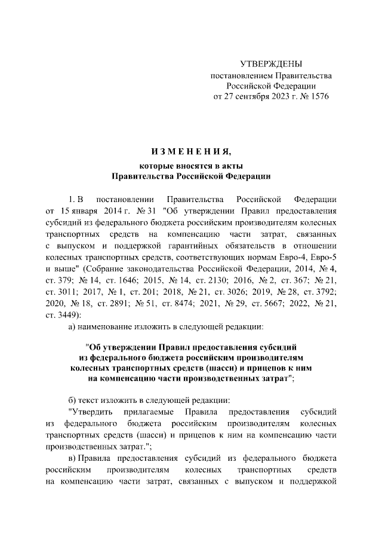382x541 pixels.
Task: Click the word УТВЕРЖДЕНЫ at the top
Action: pos(271,63)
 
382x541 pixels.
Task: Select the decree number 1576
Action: pos(318,96)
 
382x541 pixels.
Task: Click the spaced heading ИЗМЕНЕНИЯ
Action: pos(190,149)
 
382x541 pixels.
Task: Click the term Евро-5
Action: pos(326,256)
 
